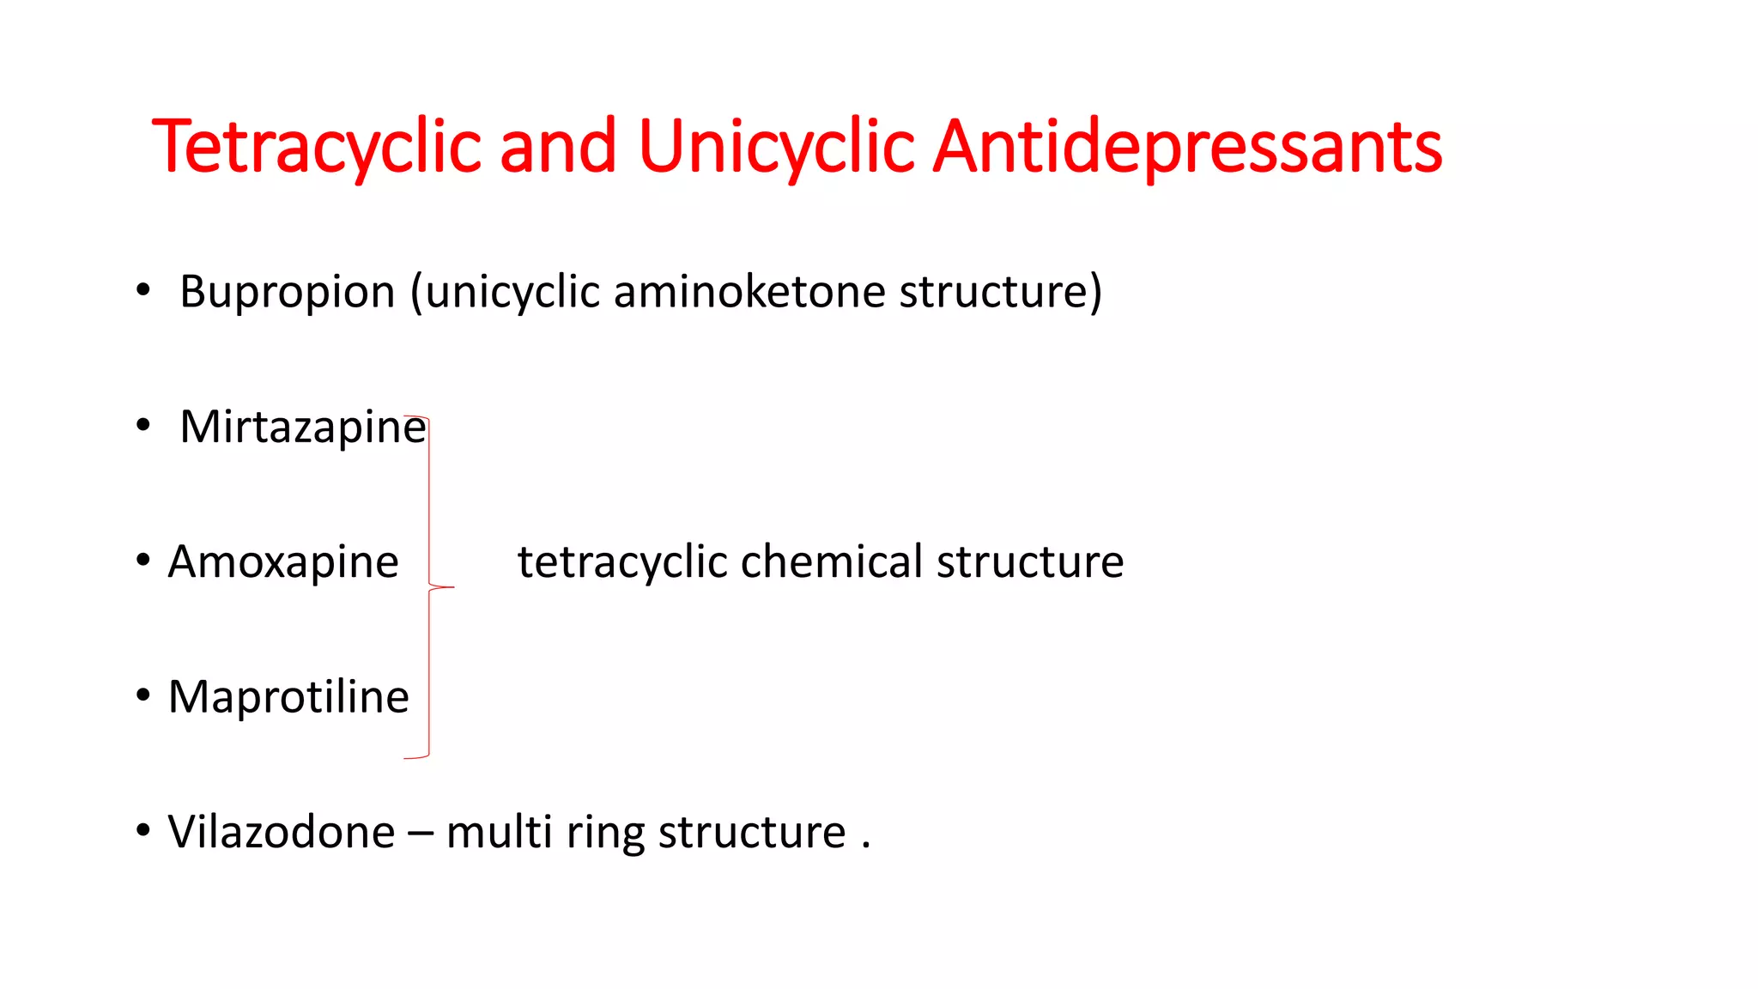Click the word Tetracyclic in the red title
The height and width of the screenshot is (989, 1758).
click(316, 147)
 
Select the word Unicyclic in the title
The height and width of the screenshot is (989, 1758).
click(777, 147)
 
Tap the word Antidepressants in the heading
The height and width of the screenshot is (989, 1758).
click(1187, 147)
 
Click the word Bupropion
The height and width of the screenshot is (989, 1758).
click(288, 292)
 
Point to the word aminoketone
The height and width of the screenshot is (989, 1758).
click(749, 291)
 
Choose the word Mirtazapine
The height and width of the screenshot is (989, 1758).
click(302, 427)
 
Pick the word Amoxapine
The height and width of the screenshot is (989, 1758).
click(283, 562)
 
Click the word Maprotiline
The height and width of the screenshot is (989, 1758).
click(288, 696)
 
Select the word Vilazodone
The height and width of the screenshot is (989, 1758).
click(282, 832)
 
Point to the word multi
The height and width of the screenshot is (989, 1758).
click(499, 832)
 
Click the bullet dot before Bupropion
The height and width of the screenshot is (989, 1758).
click(143, 290)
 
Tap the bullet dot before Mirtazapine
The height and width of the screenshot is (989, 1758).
click(143, 425)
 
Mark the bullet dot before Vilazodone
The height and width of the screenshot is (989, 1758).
click(143, 830)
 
